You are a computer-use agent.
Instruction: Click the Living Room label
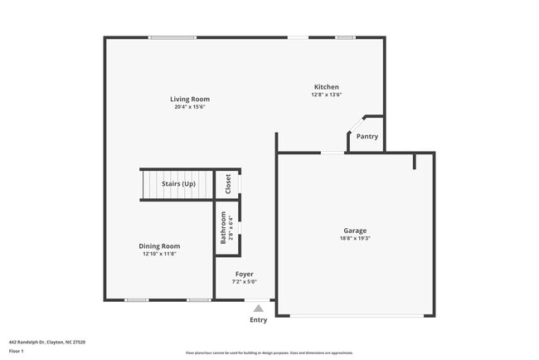(x=190, y=99)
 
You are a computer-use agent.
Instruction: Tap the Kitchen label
(x=326, y=87)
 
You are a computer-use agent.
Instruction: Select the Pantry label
(x=367, y=136)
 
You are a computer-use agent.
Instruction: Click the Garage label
(x=355, y=231)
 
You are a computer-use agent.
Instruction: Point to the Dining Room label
(x=159, y=246)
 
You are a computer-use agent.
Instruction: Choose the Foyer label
(x=244, y=274)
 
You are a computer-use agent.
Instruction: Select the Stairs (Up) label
(x=178, y=183)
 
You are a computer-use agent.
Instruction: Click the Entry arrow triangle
(x=258, y=309)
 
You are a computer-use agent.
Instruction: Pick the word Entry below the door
(x=259, y=320)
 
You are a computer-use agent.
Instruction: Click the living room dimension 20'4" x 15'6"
(x=190, y=107)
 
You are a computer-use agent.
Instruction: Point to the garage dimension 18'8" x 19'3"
(x=355, y=239)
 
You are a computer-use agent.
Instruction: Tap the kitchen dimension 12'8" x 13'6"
(x=326, y=95)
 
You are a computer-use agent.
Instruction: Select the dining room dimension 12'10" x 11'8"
(x=159, y=254)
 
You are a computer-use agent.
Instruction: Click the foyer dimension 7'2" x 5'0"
(x=244, y=282)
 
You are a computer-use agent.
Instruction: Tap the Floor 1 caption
(x=17, y=351)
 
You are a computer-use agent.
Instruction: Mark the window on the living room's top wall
(x=172, y=37)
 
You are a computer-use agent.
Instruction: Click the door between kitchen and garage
(x=333, y=153)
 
